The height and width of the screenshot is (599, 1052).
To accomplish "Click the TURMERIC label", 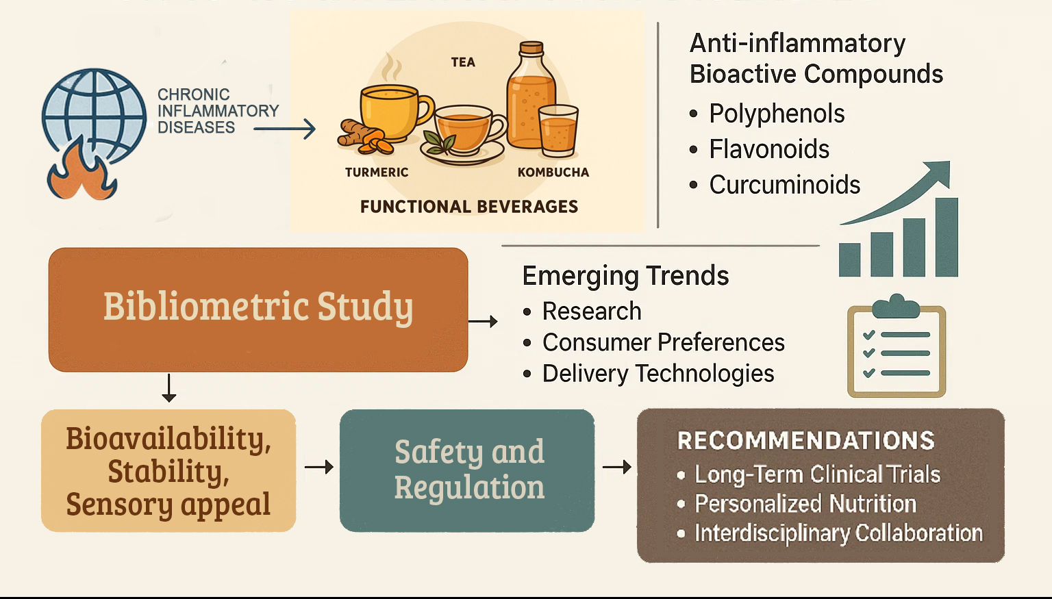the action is click(x=377, y=173).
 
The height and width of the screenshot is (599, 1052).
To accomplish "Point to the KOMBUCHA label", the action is click(x=553, y=173).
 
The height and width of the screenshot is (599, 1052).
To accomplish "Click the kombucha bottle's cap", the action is click(x=531, y=49).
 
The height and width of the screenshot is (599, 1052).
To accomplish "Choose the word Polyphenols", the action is click(x=777, y=114).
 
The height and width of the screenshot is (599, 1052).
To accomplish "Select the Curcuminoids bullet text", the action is click(x=785, y=185).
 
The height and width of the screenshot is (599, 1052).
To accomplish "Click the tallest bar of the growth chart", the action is click(x=947, y=237).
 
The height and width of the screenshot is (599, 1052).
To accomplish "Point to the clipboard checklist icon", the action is click(x=897, y=349).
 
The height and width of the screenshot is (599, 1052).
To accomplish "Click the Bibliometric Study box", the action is click(x=258, y=309).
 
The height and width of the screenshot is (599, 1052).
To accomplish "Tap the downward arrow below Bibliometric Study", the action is click(x=169, y=388).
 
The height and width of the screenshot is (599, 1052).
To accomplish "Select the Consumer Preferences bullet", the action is click(x=663, y=342).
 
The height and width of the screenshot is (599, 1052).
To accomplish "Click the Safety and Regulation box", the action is click(x=467, y=470).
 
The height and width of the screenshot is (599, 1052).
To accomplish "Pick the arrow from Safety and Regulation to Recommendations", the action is click(x=616, y=468).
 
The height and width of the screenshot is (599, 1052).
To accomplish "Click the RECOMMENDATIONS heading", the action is click(x=805, y=440).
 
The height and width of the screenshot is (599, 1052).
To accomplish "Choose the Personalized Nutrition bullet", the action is click(x=805, y=504).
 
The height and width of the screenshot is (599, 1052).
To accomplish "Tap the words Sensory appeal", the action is click(x=168, y=505).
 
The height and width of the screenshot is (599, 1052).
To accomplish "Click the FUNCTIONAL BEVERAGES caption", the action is click(x=469, y=207).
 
